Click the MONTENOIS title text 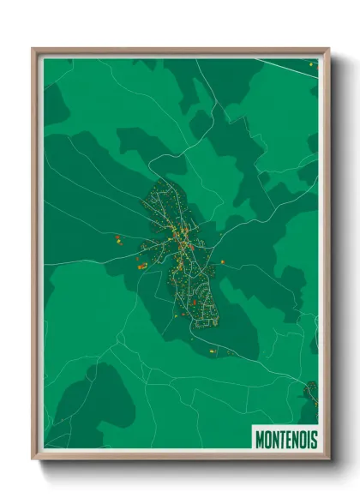coord(286,439)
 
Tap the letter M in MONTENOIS coord(260,439)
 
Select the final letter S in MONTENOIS coord(313,439)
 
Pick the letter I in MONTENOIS coord(307,439)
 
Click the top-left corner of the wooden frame coord(33,50)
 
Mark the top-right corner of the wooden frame coord(328,50)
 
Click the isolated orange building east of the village coord(223,261)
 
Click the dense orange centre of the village coord(183,244)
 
